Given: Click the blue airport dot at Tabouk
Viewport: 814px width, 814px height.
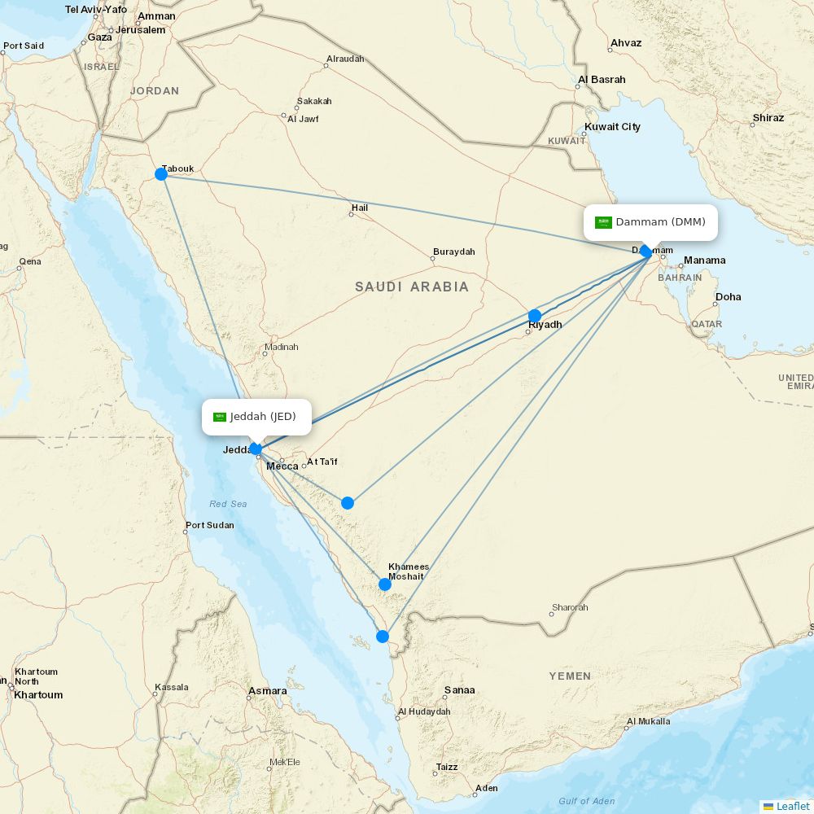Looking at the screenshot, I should pyautogui.click(x=161, y=174).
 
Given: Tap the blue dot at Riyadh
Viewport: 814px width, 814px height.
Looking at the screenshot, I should pyautogui.click(x=535, y=316).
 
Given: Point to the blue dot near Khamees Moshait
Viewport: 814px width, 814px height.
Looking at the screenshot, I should pyautogui.click(x=385, y=584).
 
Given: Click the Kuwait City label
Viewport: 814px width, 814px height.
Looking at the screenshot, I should pyautogui.click(x=612, y=127).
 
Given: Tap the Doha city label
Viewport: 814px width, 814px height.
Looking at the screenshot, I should pyautogui.click(x=728, y=297).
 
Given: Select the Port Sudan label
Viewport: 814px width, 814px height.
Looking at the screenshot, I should pyautogui.click(x=209, y=525).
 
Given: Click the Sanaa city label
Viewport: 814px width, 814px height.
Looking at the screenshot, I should pyautogui.click(x=459, y=690).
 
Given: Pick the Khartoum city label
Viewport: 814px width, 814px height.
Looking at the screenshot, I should pyautogui.click(x=38, y=695).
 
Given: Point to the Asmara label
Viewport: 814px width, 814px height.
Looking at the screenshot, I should pyautogui.click(x=268, y=691).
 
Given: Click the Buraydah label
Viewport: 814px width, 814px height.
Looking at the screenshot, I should pyautogui.click(x=453, y=252).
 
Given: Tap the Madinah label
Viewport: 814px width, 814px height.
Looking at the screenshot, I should pyautogui.click(x=281, y=347).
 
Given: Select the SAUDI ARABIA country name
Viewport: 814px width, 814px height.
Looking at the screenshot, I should pyautogui.click(x=412, y=287).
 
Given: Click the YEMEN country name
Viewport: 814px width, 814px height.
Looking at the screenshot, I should pyautogui.click(x=570, y=676).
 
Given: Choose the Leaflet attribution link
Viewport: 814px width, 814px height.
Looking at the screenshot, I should pyautogui.click(x=792, y=806).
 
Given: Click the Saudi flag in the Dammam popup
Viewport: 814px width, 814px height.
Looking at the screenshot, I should pyautogui.click(x=603, y=222).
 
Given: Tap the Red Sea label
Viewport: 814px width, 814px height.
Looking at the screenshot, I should pyautogui.click(x=228, y=504).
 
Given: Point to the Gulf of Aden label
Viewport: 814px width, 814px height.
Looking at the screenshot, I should pyautogui.click(x=587, y=801).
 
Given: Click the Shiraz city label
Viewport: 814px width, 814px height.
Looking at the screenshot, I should pyautogui.click(x=768, y=118).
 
